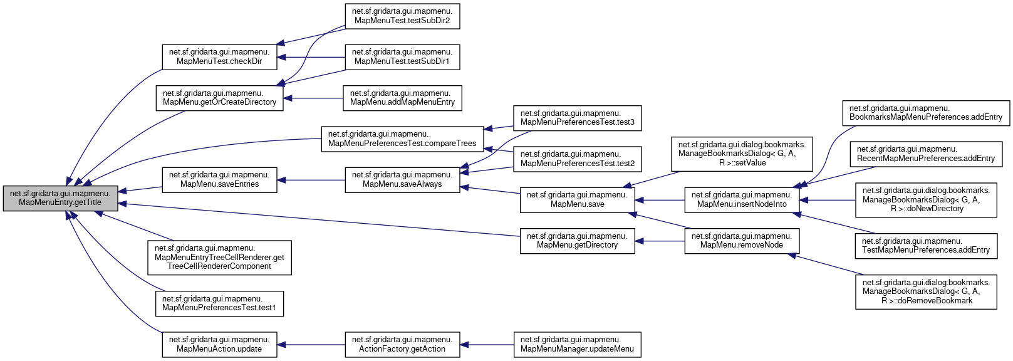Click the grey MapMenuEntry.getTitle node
[x=60, y=198]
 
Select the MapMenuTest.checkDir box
[x=219, y=56]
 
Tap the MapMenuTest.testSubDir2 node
[x=402, y=16]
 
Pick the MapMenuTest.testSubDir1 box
[x=402, y=56]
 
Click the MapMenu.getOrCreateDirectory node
[x=219, y=98]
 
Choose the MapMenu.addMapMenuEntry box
[x=402, y=98]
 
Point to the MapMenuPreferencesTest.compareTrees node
[x=402, y=139]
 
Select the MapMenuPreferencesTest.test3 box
[x=577, y=118]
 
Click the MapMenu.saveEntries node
[x=219, y=179]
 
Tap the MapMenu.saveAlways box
[x=402, y=179]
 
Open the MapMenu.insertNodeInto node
[x=741, y=199]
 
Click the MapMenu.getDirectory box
[x=577, y=241]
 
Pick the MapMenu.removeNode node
[x=741, y=241]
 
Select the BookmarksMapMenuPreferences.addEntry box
[x=925, y=113]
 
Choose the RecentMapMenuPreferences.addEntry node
[x=925, y=154]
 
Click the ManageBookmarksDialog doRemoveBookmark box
[x=925, y=291]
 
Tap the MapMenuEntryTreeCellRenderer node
[x=219, y=257]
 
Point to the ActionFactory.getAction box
[x=402, y=345]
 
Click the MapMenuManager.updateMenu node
[x=577, y=345]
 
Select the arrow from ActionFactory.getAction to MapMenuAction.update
[x=311, y=345]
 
